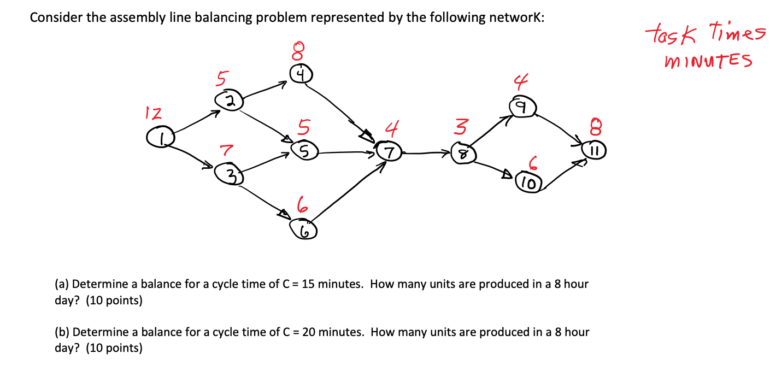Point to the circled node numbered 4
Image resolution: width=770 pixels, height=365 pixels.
[x=301, y=73]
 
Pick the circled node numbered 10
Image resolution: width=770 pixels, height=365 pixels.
[x=528, y=182]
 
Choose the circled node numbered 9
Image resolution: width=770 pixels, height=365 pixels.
[x=523, y=107]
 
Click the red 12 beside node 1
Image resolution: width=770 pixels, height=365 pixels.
[x=153, y=114]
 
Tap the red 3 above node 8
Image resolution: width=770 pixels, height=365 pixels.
[x=460, y=128]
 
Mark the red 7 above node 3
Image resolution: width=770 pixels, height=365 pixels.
[x=226, y=149]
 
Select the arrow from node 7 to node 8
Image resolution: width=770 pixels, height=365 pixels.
[x=426, y=153]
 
